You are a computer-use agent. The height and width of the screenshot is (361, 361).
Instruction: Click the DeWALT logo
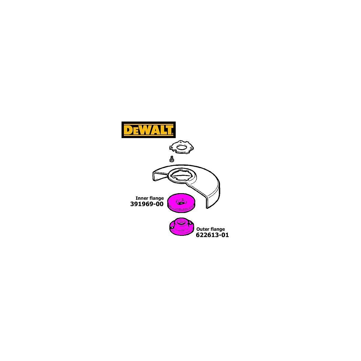148,130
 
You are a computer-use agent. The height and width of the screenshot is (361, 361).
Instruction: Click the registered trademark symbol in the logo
173,134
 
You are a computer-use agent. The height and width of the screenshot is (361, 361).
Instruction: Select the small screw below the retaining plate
171,159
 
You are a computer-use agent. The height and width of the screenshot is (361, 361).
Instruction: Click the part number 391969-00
147,204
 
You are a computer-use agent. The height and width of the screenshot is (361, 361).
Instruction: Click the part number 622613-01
212,235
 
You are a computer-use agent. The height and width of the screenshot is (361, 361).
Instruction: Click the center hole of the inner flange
181,203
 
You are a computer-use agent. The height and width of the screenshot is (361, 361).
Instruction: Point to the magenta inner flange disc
181,203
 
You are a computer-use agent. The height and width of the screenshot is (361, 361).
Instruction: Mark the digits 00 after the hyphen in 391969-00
160,204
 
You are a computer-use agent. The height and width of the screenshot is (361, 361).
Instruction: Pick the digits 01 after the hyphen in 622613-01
225,235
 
